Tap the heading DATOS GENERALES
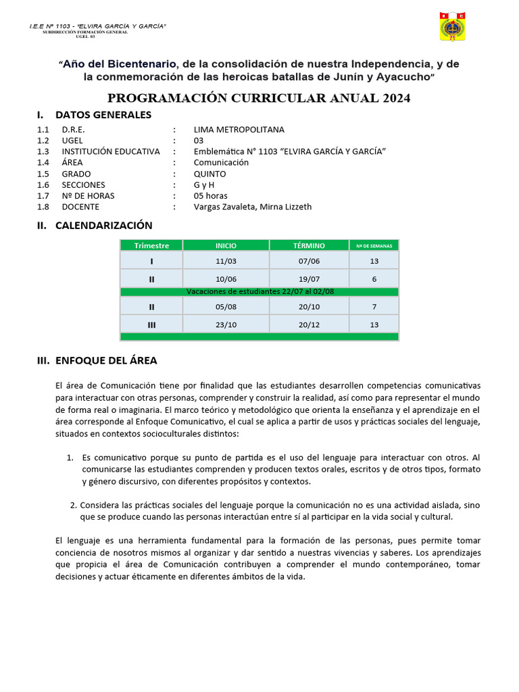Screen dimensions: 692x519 [x=103, y=115]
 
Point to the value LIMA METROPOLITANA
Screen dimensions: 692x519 [x=239, y=130]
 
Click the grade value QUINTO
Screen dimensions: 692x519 [x=209, y=174]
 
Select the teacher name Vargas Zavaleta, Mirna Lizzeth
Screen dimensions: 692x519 [x=253, y=207]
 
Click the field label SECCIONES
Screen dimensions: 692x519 [x=83, y=185]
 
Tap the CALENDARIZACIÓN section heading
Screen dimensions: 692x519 [x=103, y=226]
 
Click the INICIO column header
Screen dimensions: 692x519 [x=226, y=245]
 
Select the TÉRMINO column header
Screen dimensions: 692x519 [x=309, y=245]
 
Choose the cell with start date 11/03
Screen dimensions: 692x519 [x=226, y=261]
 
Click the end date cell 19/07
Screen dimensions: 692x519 [x=309, y=278]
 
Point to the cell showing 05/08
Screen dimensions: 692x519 [x=226, y=306]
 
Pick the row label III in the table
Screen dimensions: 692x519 [x=151, y=324]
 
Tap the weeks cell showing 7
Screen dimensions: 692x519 [x=374, y=306]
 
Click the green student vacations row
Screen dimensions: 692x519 [x=259, y=292]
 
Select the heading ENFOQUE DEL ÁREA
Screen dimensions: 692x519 [x=106, y=361]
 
